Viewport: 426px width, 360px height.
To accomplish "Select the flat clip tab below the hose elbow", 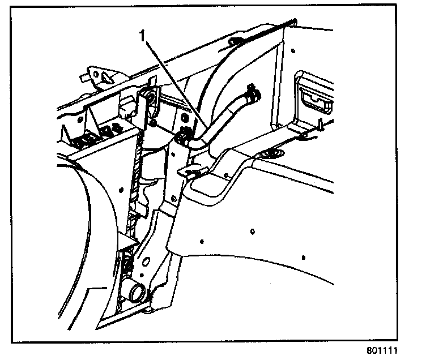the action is pos(190,170).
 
